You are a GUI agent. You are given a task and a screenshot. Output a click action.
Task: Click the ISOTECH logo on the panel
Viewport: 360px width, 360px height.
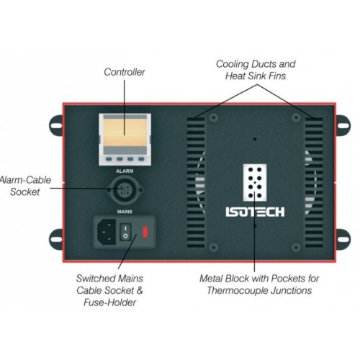pyautogui.click(x=255, y=212)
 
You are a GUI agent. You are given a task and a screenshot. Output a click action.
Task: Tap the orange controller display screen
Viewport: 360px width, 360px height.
pyautogui.click(x=125, y=132)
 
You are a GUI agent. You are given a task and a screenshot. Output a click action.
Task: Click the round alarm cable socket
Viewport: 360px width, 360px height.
pyautogui.click(x=125, y=190)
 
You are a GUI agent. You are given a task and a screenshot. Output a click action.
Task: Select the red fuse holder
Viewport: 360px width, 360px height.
pyautogui.click(x=145, y=232)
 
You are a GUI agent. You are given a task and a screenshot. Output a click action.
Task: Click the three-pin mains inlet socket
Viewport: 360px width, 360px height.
pyautogui.click(x=107, y=232)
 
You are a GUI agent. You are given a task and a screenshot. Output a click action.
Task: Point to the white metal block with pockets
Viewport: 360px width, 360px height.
pyautogui.click(x=255, y=183)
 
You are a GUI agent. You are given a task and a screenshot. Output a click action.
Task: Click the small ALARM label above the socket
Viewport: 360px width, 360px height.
pyautogui.click(x=125, y=171)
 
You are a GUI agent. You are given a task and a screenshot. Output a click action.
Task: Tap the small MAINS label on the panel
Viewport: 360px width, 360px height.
pyautogui.click(x=125, y=212)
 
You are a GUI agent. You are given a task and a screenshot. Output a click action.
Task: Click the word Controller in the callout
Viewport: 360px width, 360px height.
pyautogui.click(x=125, y=72)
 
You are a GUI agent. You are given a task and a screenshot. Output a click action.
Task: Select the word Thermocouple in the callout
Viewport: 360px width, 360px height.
pyautogui.click(x=238, y=290)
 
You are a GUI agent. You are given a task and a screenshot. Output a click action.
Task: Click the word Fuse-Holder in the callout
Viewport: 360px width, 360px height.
pyautogui.click(x=109, y=302)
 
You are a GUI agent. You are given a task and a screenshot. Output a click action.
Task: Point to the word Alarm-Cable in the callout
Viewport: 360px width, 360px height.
pyautogui.click(x=25, y=180)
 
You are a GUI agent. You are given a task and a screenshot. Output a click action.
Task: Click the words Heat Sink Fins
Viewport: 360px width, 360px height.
pyautogui.click(x=256, y=76)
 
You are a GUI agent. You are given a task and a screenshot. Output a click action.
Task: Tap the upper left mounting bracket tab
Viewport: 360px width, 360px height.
pyautogui.click(x=56, y=125)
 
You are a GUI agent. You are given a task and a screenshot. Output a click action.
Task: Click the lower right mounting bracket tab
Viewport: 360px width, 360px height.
pyautogui.click(x=343, y=239)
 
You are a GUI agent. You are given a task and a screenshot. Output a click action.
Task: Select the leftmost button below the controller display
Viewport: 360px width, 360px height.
pyautogui.click(x=109, y=159)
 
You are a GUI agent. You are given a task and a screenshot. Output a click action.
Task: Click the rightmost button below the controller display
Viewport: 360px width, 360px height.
pyautogui.click(x=141, y=159)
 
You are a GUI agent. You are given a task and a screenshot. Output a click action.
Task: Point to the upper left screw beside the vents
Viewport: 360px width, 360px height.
pyautogui.click(x=213, y=117)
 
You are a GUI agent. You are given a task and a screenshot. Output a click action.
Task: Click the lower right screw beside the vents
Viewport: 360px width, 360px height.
pyautogui.click(x=296, y=247)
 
